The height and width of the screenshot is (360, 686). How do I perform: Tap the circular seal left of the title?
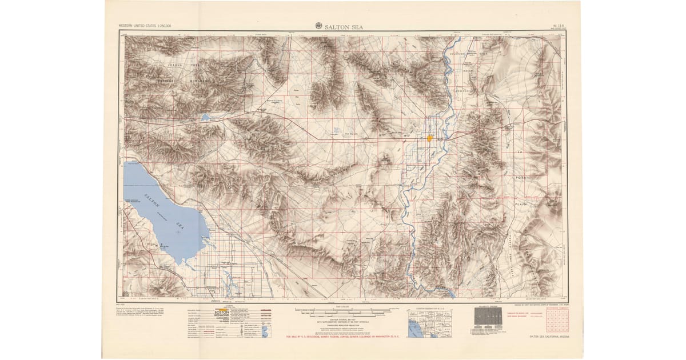[318, 26]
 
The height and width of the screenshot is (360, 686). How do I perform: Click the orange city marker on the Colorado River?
[429, 138]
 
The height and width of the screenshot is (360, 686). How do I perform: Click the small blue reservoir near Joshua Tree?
[205, 118]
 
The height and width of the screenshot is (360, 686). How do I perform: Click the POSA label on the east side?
[521, 178]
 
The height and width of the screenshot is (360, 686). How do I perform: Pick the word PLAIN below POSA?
[521, 202]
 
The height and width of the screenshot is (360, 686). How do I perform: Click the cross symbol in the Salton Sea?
[178, 232]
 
